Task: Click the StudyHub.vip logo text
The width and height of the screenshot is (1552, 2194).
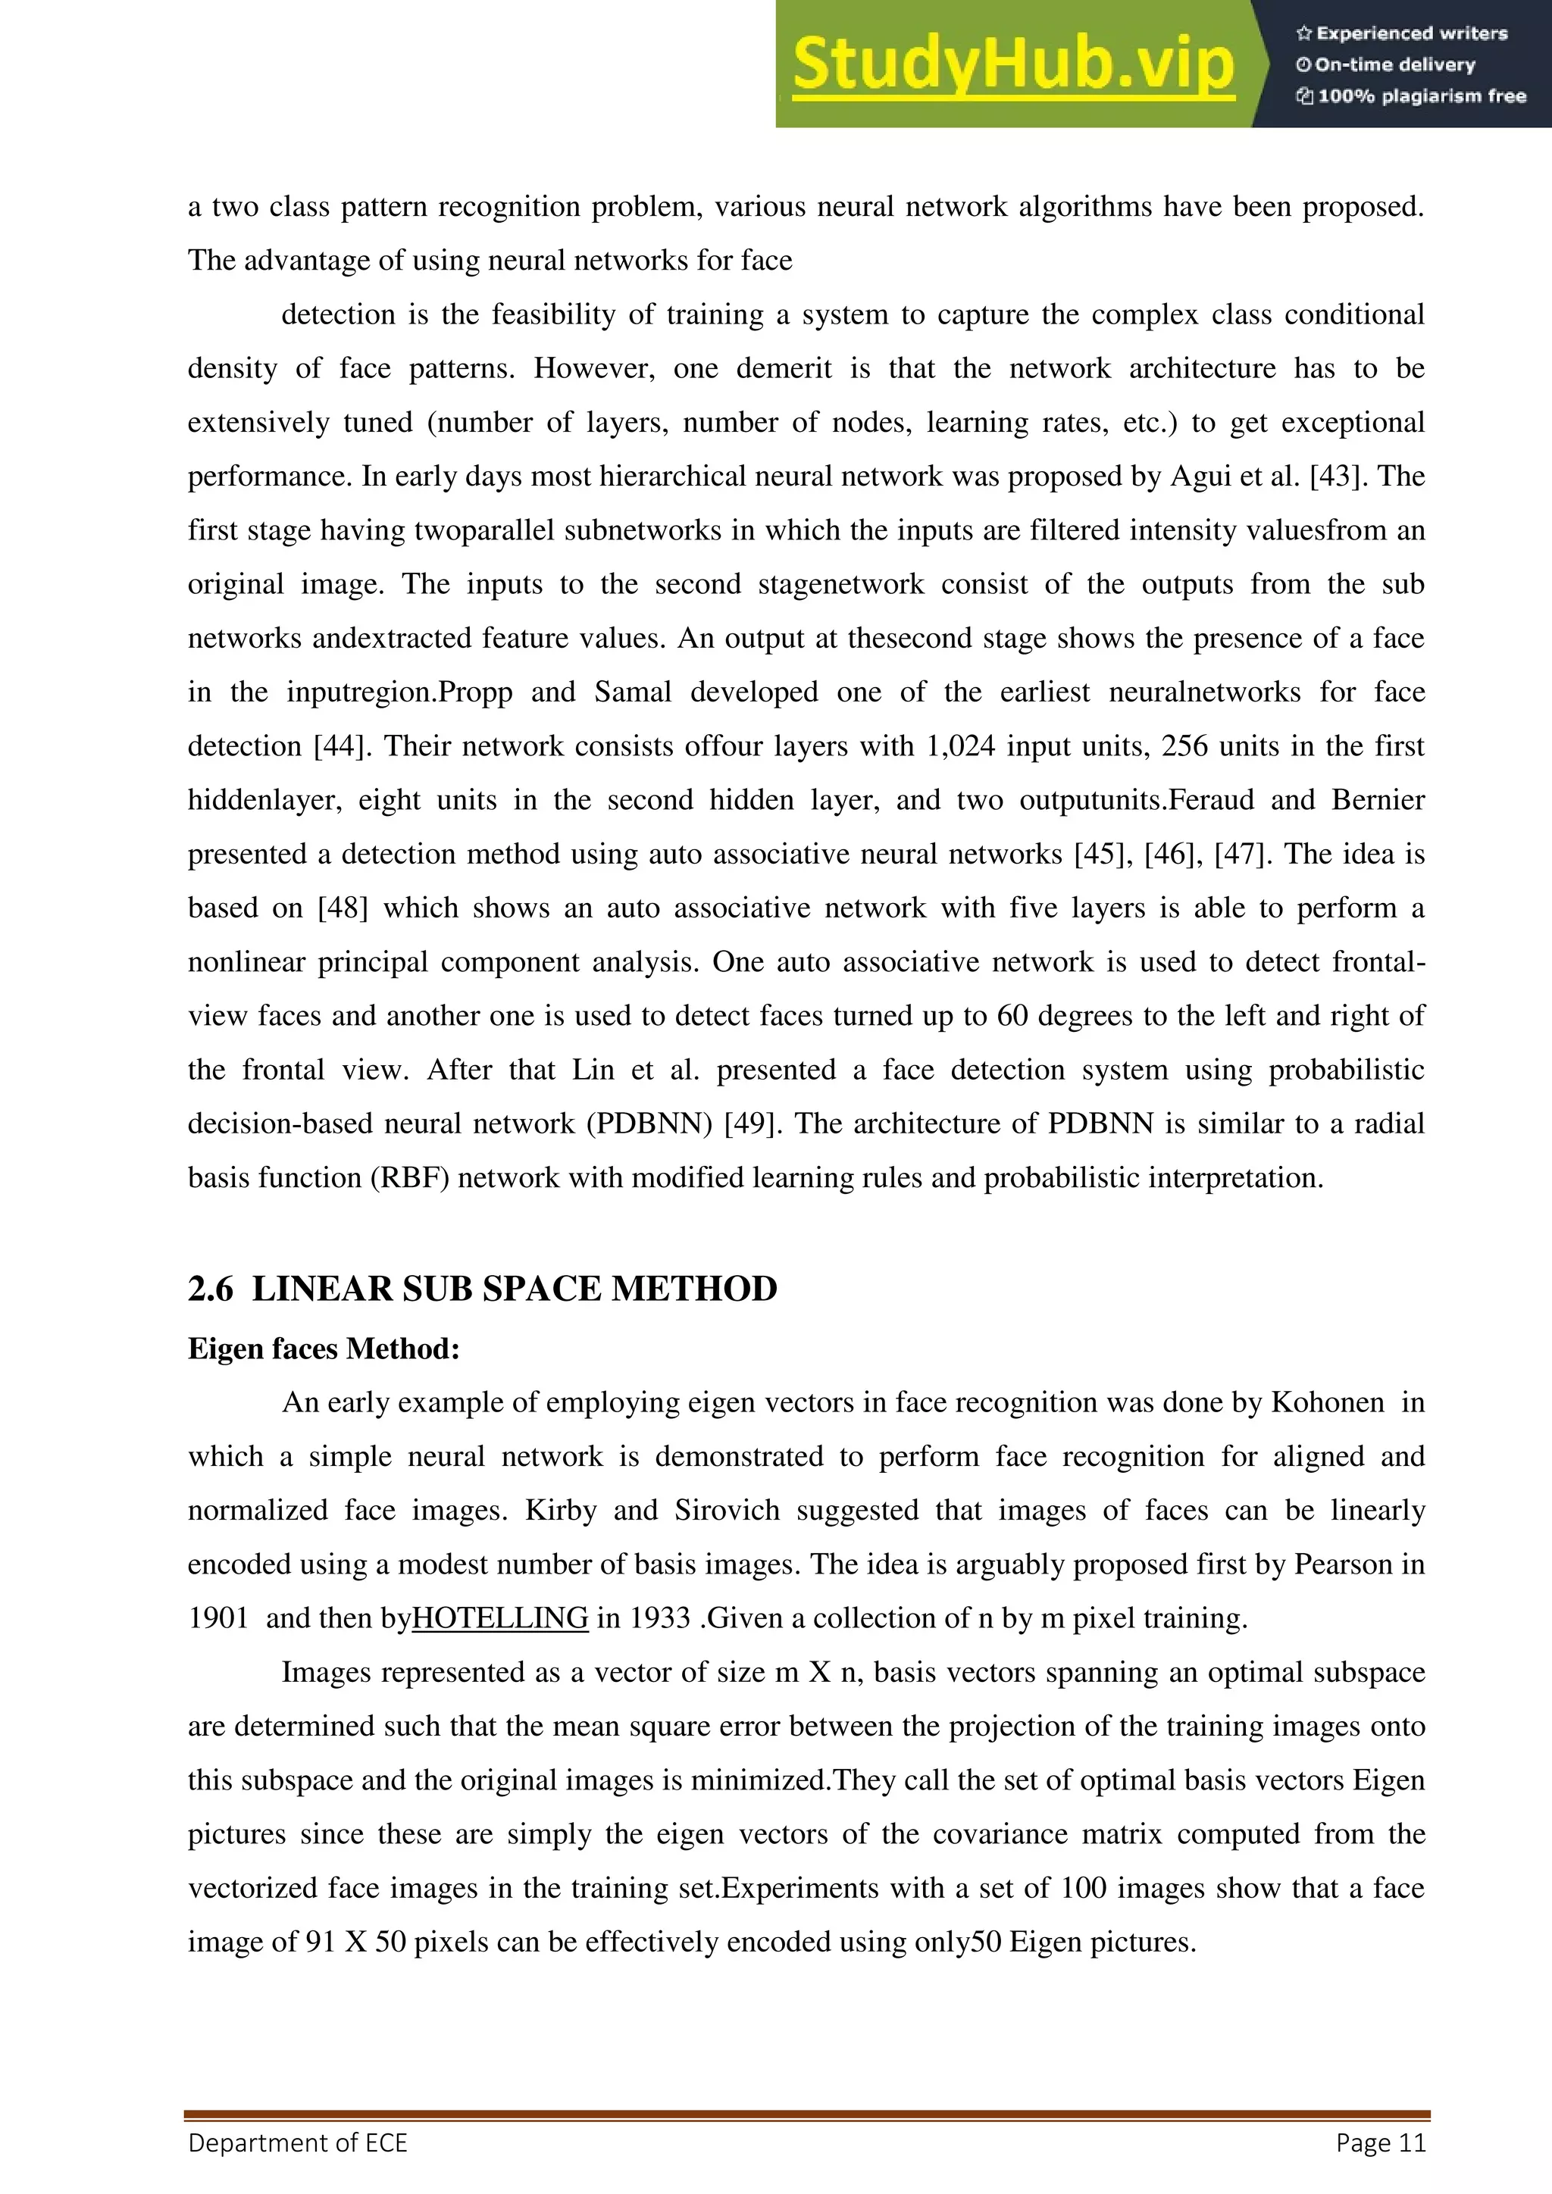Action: click(x=1013, y=64)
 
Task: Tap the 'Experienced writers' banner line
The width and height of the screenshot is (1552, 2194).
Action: click(x=1401, y=33)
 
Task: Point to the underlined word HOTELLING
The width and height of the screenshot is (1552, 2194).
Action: click(x=500, y=1617)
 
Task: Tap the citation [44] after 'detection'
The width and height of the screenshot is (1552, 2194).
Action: click(x=343, y=745)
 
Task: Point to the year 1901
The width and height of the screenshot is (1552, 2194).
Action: click(x=218, y=1617)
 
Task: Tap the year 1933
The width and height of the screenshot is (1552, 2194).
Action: click(x=659, y=1617)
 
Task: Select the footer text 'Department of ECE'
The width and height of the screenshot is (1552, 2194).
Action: click(x=297, y=2142)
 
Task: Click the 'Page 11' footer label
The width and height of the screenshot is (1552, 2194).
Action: click(x=1380, y=2142)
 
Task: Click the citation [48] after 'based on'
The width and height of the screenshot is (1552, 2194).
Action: click(x=342, y=907)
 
